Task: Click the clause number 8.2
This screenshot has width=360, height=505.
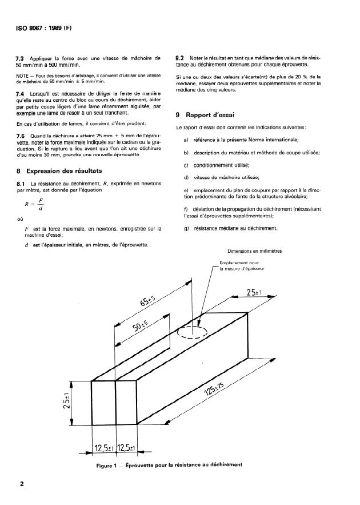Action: [181, 58]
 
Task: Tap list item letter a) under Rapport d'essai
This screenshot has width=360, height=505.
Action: [186, 140]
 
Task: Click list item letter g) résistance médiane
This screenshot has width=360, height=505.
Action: [186, 229]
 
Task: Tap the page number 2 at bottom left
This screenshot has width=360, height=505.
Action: [22, 484]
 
